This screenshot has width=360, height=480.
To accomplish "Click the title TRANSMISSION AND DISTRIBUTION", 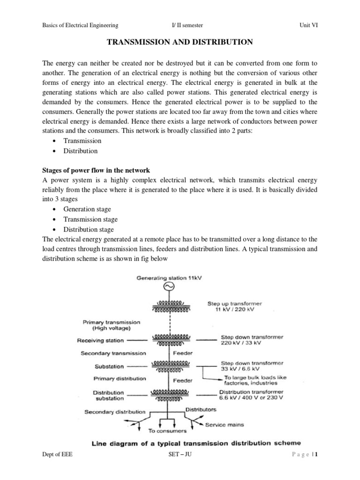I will [x=180, y=42].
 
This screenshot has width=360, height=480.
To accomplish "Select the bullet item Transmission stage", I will [x=90, y=219].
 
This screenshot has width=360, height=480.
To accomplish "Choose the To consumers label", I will [x=167, y=430].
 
